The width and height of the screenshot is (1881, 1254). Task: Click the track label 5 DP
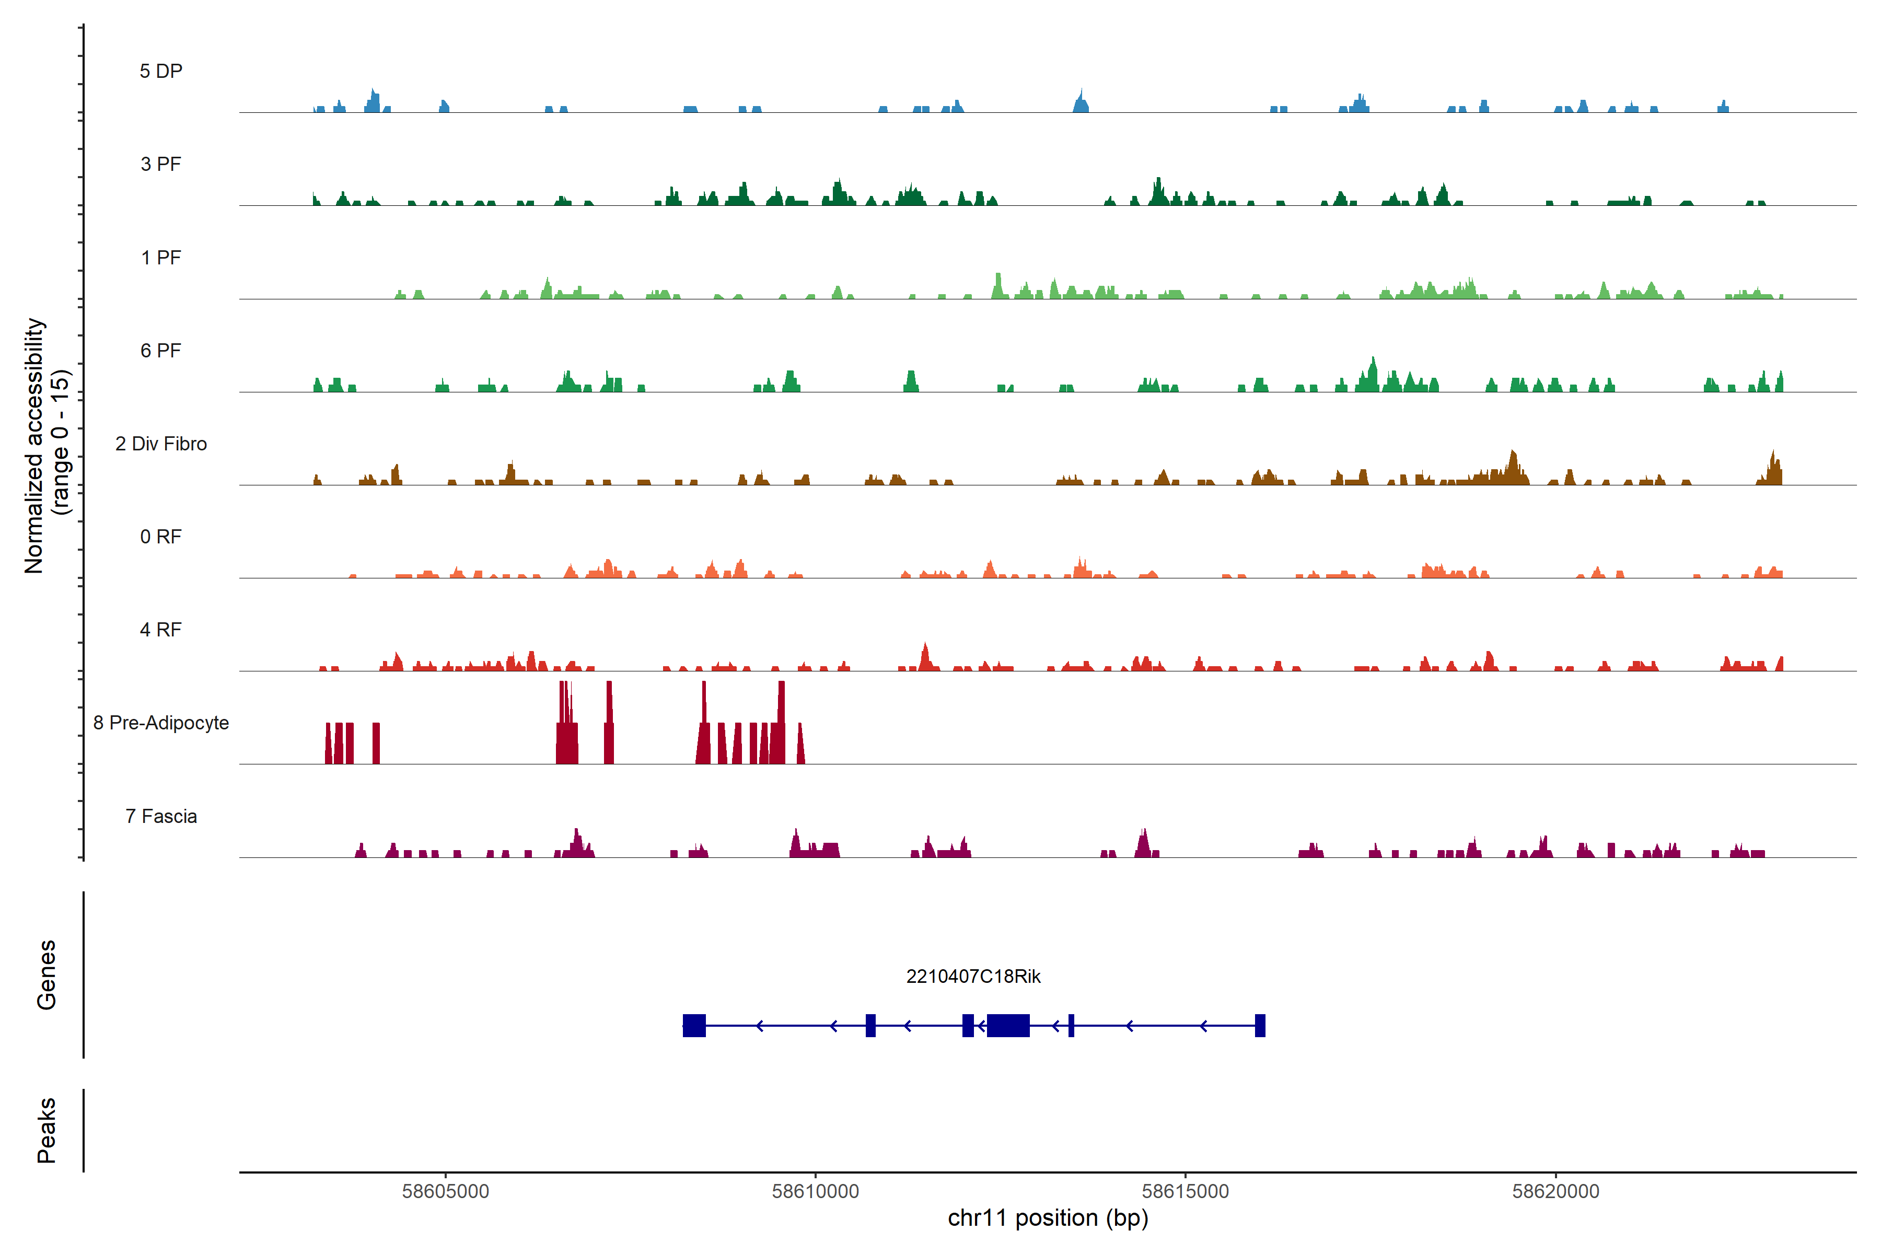[x=161, y=71]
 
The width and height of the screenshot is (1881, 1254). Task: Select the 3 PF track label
[x=161, y=164]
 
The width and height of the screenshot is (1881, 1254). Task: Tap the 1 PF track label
[x=161, y=258]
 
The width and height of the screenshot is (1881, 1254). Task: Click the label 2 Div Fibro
[x=161, y=444]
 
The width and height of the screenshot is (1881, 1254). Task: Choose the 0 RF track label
[x=161, y=537]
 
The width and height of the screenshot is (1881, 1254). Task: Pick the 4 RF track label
[x=161, y=630]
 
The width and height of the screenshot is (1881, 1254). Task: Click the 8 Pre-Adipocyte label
[x=161, y=723]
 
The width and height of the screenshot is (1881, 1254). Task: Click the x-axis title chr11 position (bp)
[x=1048, y=1218]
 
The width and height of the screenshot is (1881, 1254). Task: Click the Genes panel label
[x=47, y=975]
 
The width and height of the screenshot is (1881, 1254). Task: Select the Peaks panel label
[x=47, y=1130]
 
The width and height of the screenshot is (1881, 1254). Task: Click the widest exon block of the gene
[x=1008, y=1025]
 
